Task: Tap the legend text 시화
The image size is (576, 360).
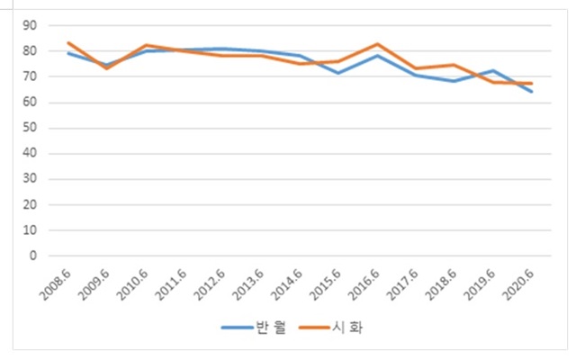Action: pos(349,328)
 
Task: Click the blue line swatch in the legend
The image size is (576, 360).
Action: pos(238,328)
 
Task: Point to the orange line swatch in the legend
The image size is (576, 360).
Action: pos(316,328)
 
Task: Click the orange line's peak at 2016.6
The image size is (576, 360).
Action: pos(377,44)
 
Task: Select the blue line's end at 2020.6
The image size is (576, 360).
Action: pos(532,92)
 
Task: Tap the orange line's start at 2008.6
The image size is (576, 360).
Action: pos(69,42)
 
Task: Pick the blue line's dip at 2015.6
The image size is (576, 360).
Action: pos(338,73)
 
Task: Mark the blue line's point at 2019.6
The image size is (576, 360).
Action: pos(493,70)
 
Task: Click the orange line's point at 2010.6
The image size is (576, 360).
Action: pos(146,45)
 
